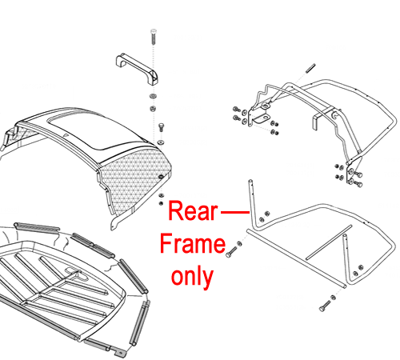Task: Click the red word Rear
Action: pos(193,211)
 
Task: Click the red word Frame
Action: pos(193,243)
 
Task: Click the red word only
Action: pos(192,278)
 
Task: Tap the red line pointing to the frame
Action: pos(235,212)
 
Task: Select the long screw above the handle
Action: pos(154,37)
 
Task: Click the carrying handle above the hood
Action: pos(138,69)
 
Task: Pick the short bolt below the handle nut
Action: pos(161,127)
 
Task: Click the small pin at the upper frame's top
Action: pos(310,68)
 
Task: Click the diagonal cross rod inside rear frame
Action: pos(329,242)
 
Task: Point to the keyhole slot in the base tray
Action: pos(77,274)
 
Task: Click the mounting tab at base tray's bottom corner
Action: pos(118,352)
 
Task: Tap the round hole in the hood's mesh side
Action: pos(161,177)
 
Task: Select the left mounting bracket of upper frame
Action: pos(259,117)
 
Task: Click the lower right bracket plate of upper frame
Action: pos(353,170)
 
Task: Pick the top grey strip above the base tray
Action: pos(37,227)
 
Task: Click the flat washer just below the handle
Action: pos(153,96)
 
